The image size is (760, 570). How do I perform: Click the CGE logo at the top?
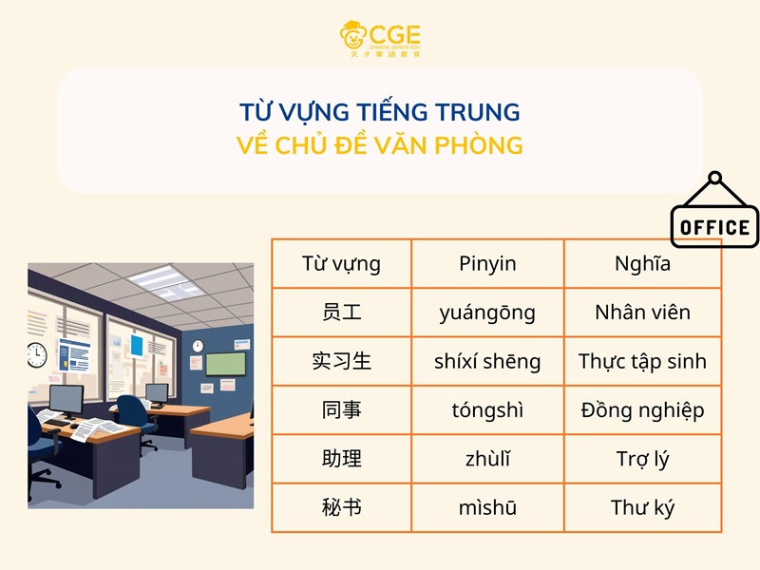[380, 38]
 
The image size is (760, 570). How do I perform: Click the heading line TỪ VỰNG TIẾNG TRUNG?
[380, 112]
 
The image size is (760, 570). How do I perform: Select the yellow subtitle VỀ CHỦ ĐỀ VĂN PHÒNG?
[380, 146]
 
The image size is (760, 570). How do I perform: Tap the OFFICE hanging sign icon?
[715, 215]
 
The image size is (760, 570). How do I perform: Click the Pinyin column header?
[487, 264]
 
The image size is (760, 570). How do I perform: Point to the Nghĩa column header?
[642, 264]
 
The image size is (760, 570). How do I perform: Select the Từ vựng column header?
[341, 264]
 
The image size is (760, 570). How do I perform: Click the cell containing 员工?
[341, 313]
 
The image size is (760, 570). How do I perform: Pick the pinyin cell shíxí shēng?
[487, 362]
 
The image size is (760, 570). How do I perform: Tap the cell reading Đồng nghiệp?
[642, 410]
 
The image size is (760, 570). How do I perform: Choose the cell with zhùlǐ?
[487, 459]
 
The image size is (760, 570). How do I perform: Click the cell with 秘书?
[341, 507]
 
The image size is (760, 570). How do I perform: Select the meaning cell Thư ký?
[642, 507]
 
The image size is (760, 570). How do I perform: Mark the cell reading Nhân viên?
[642, 313]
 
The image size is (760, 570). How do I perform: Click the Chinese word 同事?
[341, 410]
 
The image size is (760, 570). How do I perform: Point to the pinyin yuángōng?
[487, 313]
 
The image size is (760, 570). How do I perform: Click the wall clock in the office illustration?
[37, 354]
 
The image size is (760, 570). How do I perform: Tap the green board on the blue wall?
[225, 364]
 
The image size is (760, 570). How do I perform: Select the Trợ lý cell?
[642, 459]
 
